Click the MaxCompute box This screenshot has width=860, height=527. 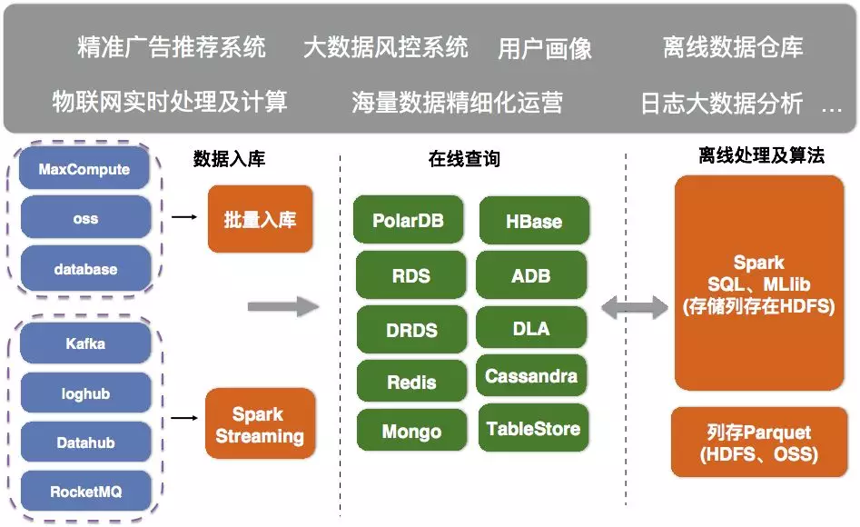(84, 170)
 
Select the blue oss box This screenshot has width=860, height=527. (84, 219)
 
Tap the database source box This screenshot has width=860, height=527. (84, 269)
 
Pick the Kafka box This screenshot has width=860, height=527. (84, 344)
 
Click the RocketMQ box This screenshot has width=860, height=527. (84, 492)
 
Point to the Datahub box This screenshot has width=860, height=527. (84, 443)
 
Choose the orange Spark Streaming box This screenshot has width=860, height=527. (260, 425)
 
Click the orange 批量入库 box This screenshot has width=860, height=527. (260, 219)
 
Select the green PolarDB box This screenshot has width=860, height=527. (409, 221)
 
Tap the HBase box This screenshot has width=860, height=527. (533, 222)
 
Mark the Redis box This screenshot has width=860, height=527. (411, 383)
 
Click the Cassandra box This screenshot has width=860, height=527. (531, 376)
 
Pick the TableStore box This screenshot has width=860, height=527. (533, 429)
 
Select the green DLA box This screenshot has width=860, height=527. (531, 328)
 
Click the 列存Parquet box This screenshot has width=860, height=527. (758, 442)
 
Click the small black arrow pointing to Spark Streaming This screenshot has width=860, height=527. (184, 419)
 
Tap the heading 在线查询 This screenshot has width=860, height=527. (464, 160)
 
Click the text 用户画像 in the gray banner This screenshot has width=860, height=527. (545, 49)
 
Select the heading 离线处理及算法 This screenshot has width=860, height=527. (761, 156)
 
